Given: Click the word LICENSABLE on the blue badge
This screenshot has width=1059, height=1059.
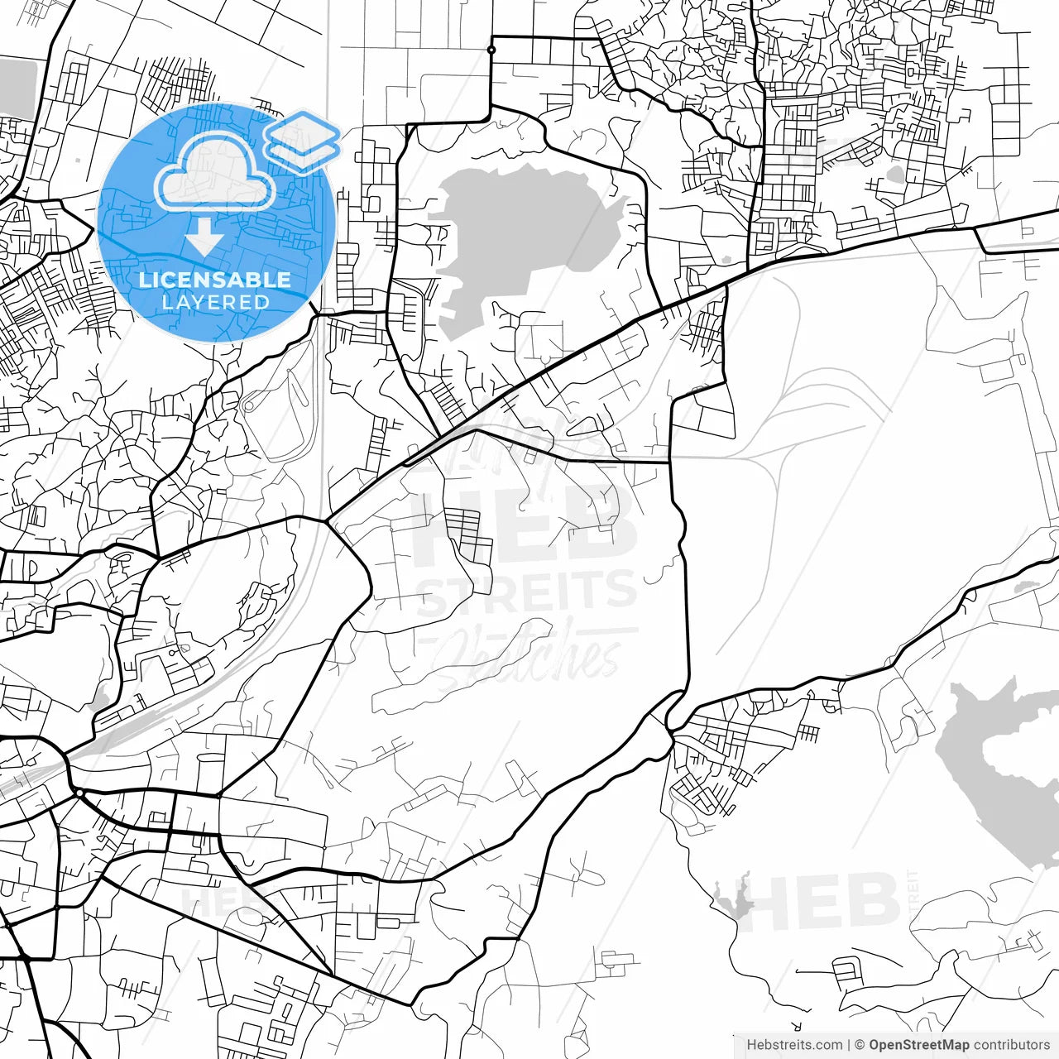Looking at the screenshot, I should tap(215, 280).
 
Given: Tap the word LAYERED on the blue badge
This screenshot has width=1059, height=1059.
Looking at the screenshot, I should tap(215, 302).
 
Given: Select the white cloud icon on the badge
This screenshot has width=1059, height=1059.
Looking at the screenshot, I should tap(215, 174).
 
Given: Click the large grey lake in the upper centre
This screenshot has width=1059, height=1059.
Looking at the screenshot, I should tap(521, 232).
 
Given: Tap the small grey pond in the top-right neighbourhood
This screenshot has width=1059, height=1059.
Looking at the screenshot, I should tap(896, 175).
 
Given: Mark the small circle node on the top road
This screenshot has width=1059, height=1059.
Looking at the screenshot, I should tap(491, 50).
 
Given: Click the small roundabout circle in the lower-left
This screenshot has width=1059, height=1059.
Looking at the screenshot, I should tap(79, 793).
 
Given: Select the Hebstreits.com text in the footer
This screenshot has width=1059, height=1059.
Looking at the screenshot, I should tap(794, 1045).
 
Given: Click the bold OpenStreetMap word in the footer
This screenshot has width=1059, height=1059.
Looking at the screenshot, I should tap(919, 1045).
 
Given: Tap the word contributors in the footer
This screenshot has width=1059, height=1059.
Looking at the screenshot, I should tap(1011, 1045).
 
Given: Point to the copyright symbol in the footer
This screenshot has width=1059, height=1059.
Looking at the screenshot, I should tap(860, 1045).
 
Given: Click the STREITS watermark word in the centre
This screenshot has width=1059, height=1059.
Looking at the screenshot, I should tap(526, 592).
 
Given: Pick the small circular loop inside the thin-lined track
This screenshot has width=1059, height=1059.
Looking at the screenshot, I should tap(248, 407).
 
